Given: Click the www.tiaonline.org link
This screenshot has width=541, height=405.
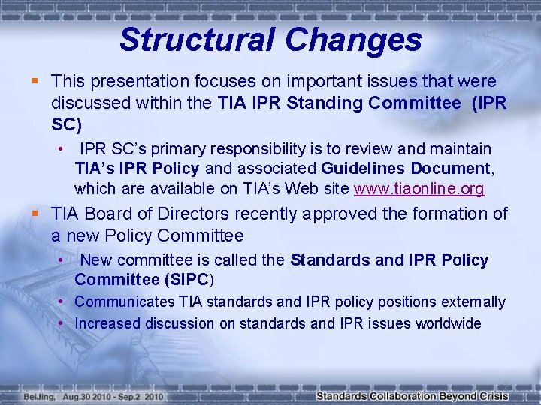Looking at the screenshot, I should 419,189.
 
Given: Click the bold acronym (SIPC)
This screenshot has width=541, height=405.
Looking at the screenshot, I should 183,280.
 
